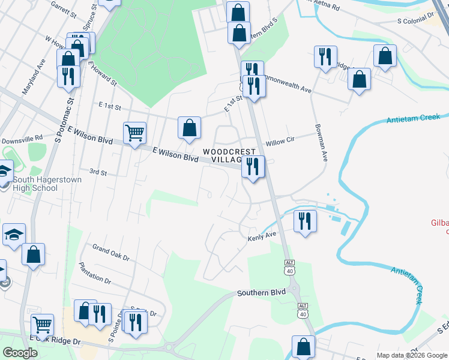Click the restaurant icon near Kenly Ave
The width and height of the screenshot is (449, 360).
[x=306, y=221]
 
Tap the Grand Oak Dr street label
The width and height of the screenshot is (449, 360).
[x=110, y=252]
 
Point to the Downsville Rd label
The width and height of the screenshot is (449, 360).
[x=22, y=140]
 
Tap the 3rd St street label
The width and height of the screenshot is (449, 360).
[x=98, y=173]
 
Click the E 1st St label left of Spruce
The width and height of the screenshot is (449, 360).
[x=110, y=107]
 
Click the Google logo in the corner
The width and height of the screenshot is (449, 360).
[x=20, y=353]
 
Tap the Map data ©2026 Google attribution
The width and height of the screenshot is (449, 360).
[x=411, y=355]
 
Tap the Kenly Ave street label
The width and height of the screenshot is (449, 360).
[x=262, y=237]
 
